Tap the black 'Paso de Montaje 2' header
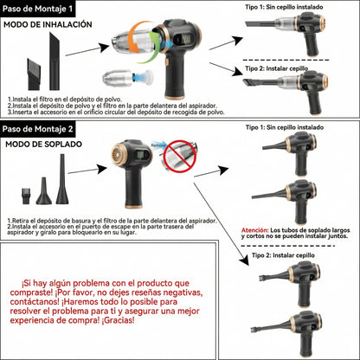(39, 129)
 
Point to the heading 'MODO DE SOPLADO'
(40, 144)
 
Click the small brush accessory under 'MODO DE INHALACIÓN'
(31, 66)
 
